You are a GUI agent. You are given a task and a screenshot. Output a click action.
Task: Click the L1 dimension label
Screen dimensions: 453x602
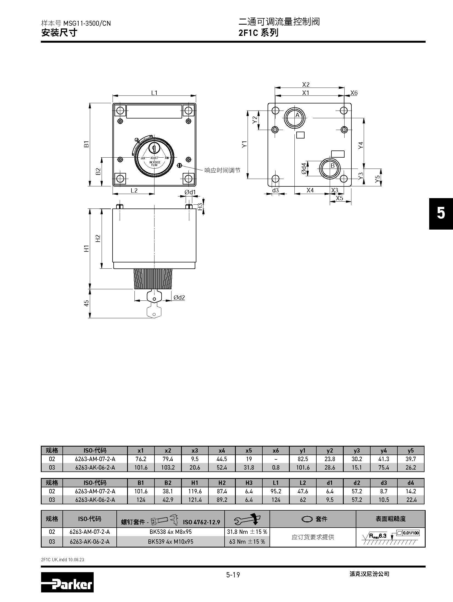154,93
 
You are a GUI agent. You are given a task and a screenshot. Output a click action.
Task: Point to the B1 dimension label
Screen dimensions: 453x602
87,144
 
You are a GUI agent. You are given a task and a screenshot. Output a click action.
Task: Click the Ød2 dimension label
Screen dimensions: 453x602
179,297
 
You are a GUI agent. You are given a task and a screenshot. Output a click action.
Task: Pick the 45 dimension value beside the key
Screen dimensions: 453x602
87,303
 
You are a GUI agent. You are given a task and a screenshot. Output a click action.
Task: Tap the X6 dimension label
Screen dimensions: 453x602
354,93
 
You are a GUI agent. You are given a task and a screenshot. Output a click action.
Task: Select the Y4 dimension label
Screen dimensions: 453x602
361,145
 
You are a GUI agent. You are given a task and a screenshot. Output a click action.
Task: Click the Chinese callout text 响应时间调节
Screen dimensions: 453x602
222,170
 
